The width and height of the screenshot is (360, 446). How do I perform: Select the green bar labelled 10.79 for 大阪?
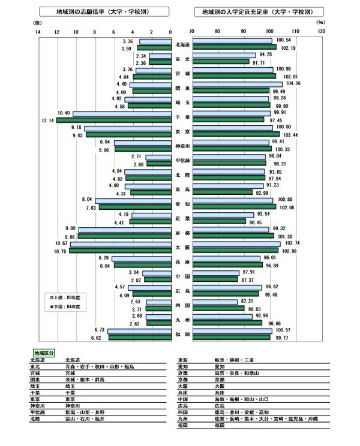120,251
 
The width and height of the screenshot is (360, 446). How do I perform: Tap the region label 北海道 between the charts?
182,44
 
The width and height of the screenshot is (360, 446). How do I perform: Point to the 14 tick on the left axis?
38,31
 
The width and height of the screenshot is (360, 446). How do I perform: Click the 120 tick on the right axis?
322,31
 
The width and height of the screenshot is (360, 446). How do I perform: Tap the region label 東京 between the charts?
182,131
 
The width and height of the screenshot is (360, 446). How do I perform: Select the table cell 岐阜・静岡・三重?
228,360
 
